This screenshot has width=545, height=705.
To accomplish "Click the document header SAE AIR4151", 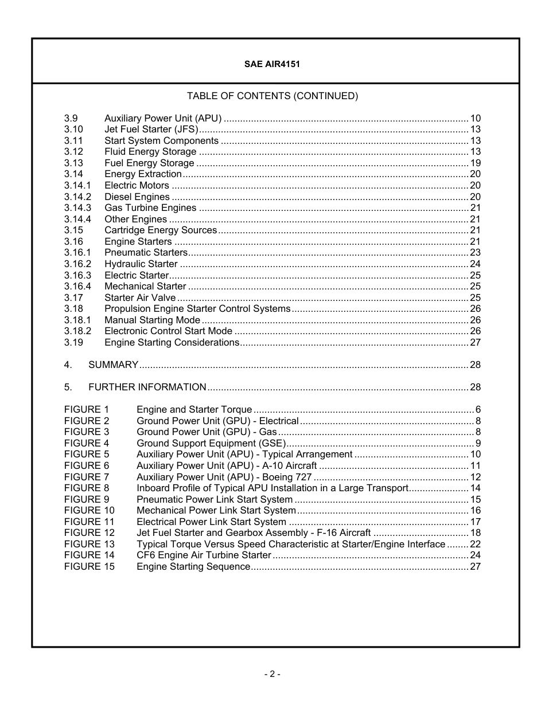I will click(272, 64).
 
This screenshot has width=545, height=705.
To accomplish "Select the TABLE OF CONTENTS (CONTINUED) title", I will click(272, 96).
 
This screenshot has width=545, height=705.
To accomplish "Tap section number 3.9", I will click(71, 119).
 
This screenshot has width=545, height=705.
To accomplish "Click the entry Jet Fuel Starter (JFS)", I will click(151, 130).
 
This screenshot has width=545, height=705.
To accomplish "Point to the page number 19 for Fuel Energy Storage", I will click(475, 163).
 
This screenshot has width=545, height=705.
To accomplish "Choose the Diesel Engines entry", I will click(137, 197).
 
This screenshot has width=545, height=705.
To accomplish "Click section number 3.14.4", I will click(77, 220).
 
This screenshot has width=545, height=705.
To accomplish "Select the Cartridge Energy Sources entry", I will click(161, 230).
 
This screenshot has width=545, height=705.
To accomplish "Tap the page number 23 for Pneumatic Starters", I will click(475, 253).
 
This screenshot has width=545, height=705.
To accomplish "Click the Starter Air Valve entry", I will click(140, 298).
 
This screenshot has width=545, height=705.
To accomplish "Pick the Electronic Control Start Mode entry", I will click(168, 331).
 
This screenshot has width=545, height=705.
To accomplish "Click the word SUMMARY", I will click(113, 365).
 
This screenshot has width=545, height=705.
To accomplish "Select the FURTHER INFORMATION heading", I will click(147, 387).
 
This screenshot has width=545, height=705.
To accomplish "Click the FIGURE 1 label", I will click(86, 410).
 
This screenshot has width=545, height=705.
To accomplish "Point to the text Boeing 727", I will click(287, 477).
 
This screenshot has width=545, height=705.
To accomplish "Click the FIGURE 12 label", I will click(89, 533).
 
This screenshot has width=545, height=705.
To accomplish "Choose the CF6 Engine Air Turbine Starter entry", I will click(204, 555).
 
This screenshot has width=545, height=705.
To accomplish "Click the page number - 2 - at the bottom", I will click(272, 675).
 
